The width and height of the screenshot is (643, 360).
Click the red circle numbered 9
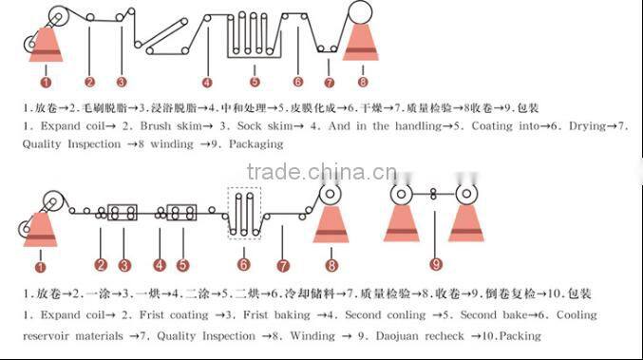click(436, 264)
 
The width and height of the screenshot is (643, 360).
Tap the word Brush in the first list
click(157, 125)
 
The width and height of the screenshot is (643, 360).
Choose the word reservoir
click(55, 335)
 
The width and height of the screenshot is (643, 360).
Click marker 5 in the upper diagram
click(254, 82)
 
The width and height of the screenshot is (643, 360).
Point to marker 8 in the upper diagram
click(362, 82)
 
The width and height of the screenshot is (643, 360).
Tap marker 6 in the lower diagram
click(244, 265)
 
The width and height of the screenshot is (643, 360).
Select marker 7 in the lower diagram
click(282, 265)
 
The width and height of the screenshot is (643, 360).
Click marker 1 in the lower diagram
click(40, 255)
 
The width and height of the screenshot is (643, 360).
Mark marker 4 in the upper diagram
click(207, 82)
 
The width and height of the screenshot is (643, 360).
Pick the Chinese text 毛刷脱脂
click(105, 107)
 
